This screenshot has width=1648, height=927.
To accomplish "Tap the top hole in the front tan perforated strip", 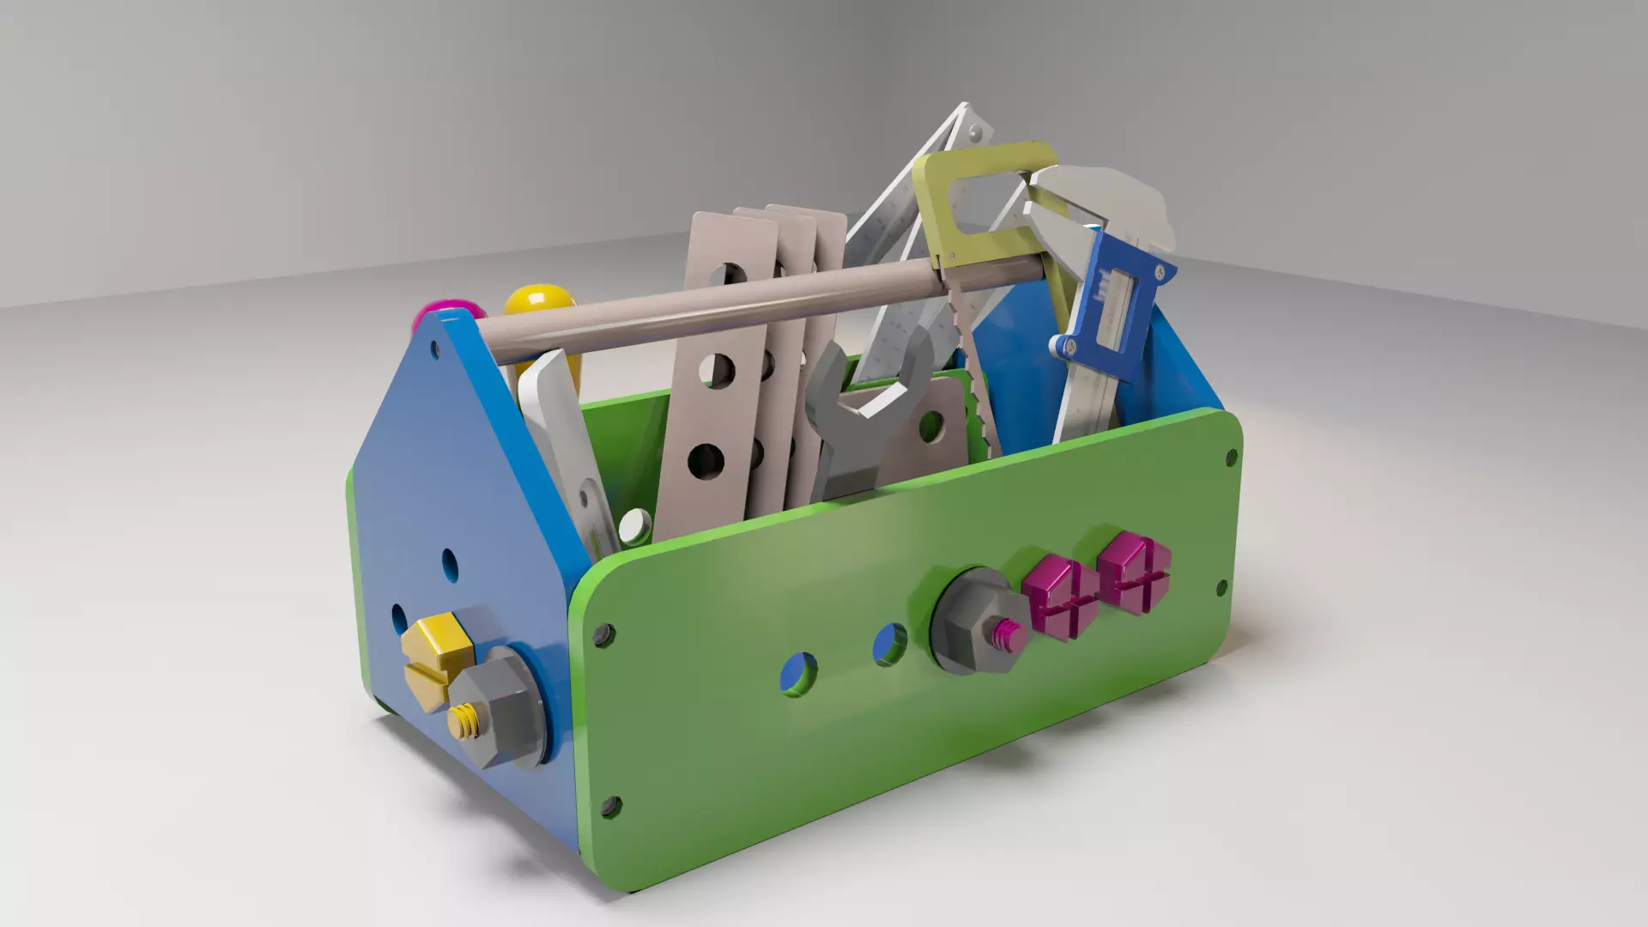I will tap(730, 275).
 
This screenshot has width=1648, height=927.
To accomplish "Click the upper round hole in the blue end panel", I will tap(449, 563).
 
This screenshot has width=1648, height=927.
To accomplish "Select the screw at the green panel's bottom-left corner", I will tap(611, 805).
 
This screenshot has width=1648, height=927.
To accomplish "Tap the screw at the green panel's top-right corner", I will tap(1231, 457).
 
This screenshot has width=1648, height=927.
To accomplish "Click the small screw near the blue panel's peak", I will tap(434, 348).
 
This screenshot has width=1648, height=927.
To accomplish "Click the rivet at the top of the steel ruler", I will tap(973, 133).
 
